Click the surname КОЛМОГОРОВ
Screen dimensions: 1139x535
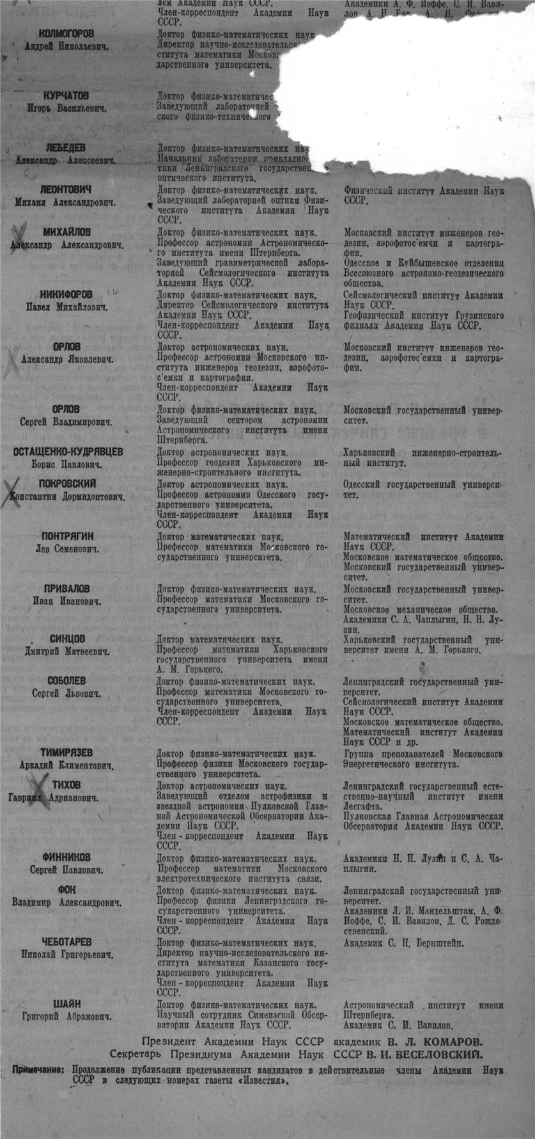point(66,33)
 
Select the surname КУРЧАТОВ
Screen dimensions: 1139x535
point(66,95)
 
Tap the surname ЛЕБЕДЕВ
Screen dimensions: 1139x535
point(66,148)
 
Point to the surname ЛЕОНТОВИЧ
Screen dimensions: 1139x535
point(66,190)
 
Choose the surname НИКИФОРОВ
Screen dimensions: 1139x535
point(66,294)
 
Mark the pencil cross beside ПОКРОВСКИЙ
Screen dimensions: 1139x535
point(12,493)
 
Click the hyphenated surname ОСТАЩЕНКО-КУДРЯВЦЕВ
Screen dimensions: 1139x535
point(68,452)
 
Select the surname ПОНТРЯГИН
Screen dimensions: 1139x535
point(66,536)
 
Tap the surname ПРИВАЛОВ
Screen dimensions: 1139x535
point(66,589)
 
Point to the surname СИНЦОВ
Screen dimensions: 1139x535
point(67,639)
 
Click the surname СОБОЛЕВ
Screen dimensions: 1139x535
point(66,681)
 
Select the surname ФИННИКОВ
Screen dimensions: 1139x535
point(66,857)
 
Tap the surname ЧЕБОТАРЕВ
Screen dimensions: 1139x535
point(66,942)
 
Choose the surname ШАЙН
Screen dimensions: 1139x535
point(66,1004)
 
